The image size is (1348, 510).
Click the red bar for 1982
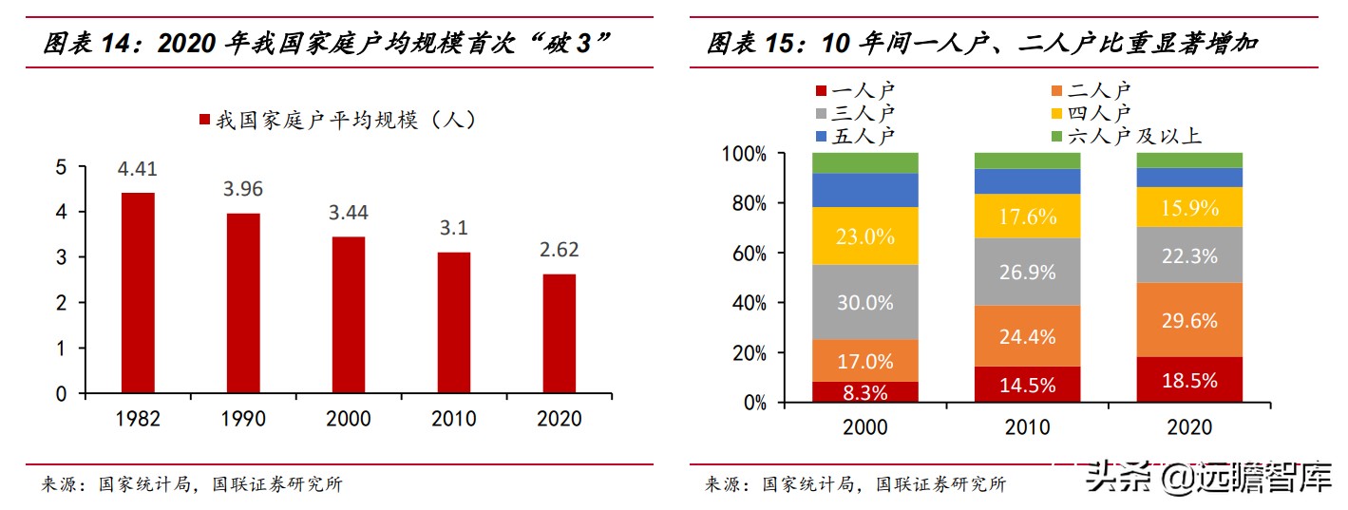coord(138,293)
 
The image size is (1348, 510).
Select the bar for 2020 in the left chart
coord(559,333)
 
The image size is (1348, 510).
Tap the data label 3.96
coord(243,188)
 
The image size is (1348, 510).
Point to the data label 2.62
coord(559,250)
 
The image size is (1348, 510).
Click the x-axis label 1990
coord(243,419)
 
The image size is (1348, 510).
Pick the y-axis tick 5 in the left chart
coord(62,167)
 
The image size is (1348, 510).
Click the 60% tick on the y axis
coord(744,254)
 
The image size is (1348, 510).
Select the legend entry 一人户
coord(854,91)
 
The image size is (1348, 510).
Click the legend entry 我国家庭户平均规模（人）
coord(336,121)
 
